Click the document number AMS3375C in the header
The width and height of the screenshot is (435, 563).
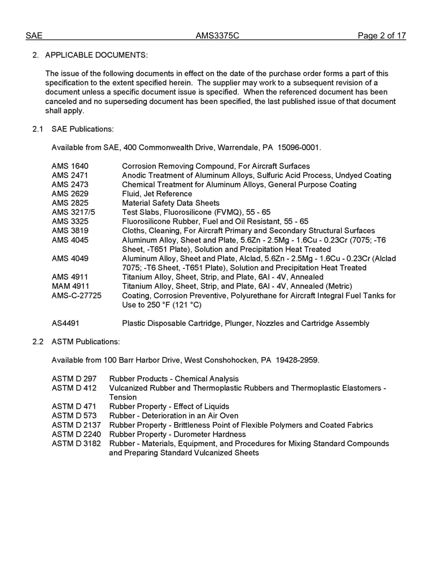click(217, 36)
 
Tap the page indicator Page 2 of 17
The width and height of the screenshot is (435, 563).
click(381, 36)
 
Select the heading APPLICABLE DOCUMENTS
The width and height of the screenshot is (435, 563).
click(96, 55)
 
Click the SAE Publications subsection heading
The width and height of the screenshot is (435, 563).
click(82, 129)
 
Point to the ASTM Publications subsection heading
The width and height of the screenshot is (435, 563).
click(86, 341)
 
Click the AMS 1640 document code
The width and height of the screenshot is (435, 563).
click(70, 166)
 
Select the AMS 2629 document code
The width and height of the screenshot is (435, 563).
click(70, 194)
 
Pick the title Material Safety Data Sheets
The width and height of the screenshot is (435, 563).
click(170, 203)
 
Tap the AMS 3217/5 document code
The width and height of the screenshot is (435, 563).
click(73, 212)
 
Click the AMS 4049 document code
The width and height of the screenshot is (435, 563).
click(70, 259)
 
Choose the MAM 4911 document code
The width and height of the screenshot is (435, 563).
click(70, 286)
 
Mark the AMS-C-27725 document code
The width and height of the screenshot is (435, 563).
click(76, 296)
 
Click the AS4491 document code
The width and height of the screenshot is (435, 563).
click(65, 323)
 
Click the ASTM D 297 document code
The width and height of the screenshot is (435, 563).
click(74, 379)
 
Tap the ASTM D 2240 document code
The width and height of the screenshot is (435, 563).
click(76, 434)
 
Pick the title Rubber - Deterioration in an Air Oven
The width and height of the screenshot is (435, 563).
click(174, 416)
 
